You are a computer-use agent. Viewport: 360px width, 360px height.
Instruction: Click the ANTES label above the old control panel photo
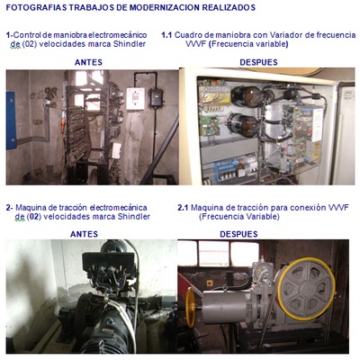point(88,62)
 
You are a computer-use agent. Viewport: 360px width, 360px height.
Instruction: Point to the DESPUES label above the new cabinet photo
point(258,62)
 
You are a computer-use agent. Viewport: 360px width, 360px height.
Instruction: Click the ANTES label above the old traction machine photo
point(84,234)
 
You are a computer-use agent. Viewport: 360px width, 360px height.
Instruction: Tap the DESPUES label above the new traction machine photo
point(238,234)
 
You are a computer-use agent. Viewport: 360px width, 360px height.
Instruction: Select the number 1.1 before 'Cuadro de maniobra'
point(166,35)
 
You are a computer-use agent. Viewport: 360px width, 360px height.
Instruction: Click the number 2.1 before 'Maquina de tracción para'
point(183,208)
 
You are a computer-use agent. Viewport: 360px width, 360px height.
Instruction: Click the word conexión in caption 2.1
point(309,208)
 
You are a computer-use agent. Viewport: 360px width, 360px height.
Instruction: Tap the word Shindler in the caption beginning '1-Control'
point(130,44)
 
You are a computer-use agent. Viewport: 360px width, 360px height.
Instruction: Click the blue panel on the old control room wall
point(11,121)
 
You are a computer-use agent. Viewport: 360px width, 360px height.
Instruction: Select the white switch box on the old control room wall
point(135,99)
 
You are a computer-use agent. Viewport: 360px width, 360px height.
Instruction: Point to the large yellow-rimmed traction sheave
point(306,289)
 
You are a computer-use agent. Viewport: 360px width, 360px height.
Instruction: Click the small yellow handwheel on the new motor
point(190,308)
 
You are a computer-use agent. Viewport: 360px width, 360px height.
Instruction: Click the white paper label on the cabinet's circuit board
point(317,125)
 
